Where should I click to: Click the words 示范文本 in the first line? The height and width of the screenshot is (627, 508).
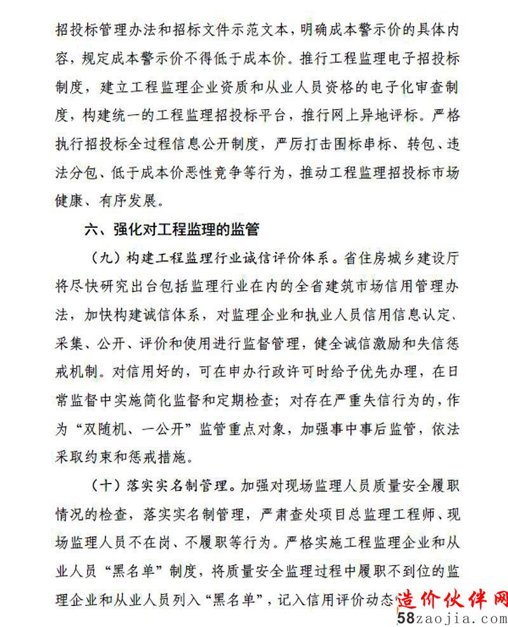253,29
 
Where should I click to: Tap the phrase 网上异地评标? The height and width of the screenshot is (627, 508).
371,116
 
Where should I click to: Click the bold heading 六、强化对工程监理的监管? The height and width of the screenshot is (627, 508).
172,229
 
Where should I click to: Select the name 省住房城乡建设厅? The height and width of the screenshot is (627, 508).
398,258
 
